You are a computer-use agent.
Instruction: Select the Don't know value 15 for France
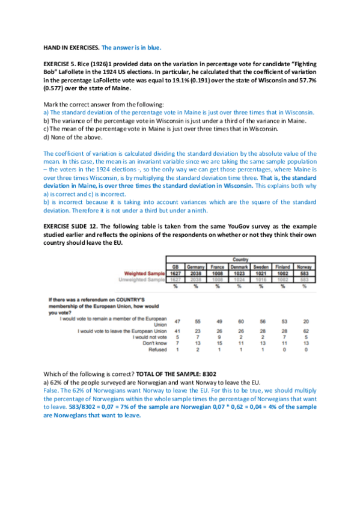[x=219, y=343]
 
